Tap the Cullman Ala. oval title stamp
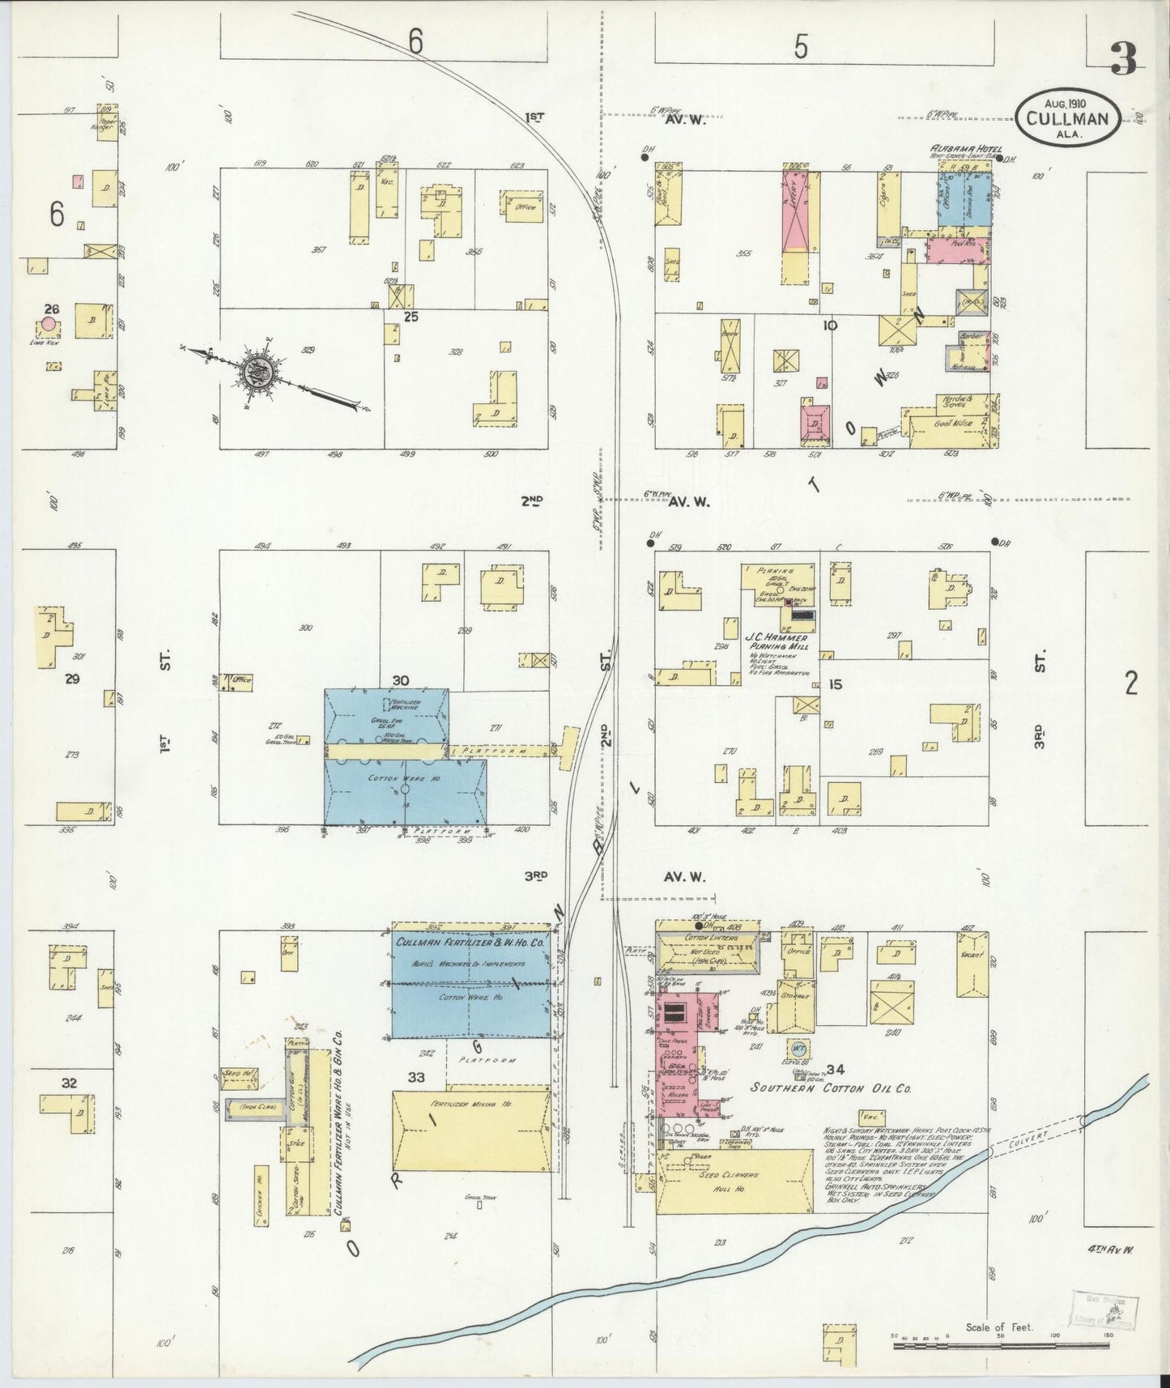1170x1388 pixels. click(1069, 117)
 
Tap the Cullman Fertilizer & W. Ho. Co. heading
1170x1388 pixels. click(470, 943)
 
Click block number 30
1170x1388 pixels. click(400, 679)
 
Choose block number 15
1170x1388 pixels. click(836, 685)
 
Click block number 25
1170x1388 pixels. click(411, 317)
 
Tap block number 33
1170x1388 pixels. click(416, 1078)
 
